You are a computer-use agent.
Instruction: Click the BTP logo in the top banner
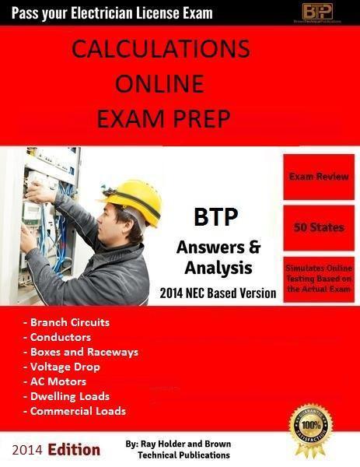(318, 11)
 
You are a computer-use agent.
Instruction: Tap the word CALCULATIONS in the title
(161, 49)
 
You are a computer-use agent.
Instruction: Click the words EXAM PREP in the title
(160, 118)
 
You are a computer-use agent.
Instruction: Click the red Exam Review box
(319, 177)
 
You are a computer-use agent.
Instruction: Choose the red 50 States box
(319, 228)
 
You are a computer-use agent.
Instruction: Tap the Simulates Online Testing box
(319, 278)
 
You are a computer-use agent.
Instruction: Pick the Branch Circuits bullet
(67, 322)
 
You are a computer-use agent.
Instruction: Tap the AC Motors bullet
(59, 381)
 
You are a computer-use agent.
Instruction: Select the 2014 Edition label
(56, 449)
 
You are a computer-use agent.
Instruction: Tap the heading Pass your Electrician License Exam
(107, 12)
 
